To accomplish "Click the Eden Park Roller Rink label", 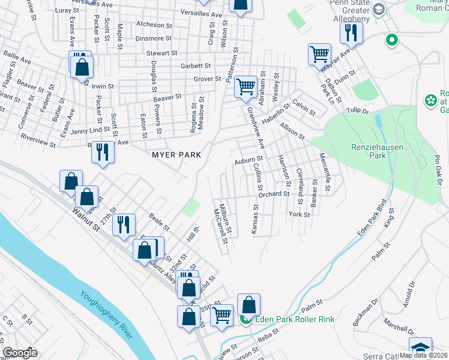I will pos(295,319).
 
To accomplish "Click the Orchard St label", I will pos(274,194).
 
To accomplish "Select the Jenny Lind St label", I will pos(91,130).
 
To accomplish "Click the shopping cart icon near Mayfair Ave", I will pos(319,55).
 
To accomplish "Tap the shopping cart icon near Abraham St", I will pos(246,86).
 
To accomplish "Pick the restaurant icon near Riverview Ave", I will pos(103,152).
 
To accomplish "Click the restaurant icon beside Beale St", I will pos(124,225).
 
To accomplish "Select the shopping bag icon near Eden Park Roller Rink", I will pos(249,305).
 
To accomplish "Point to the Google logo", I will pos(20,353).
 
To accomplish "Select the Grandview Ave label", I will pos(256,127).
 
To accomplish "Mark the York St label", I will pos(298,214).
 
